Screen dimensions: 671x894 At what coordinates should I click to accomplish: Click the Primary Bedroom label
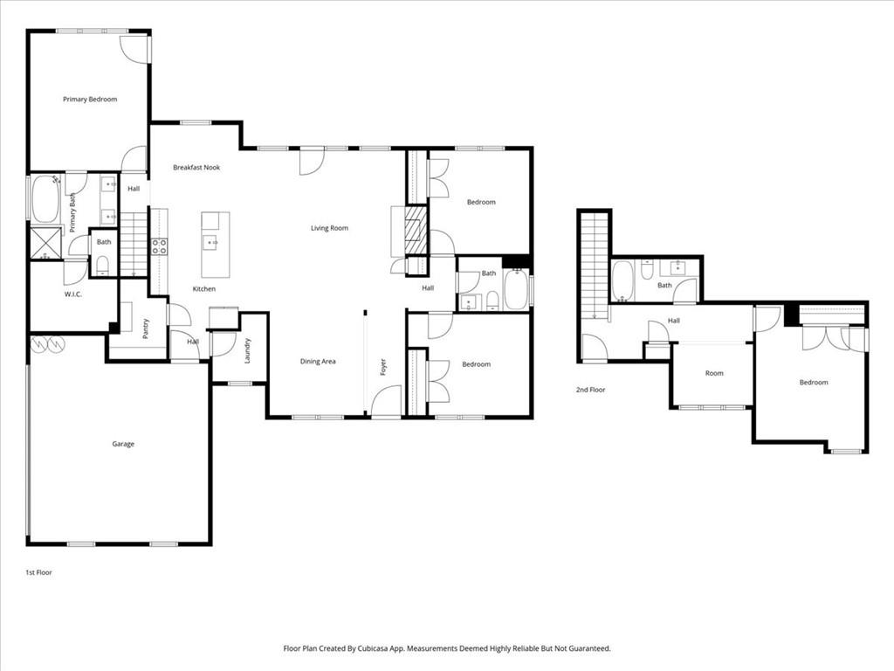point(89,100)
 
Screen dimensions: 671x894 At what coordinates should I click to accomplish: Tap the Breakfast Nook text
point(196,167)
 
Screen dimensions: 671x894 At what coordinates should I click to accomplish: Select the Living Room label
point(329,228)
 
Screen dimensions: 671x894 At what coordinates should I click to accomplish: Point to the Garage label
point(123,444)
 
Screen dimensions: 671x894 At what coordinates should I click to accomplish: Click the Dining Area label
point(318,361)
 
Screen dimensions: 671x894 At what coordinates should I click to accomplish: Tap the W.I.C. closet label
point(72,294)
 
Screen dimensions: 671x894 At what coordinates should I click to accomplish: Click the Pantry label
point(146,329)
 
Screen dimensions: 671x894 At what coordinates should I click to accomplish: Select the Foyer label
point(382,367)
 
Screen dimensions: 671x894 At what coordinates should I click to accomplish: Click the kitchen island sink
point(210,243)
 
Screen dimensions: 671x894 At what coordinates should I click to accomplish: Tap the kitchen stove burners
point(159,246)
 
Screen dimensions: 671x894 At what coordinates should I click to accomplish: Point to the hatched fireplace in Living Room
point(417,230)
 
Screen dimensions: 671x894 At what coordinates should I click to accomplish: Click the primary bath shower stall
point(45,243)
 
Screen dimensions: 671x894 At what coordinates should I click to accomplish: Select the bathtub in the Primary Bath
point(45,199)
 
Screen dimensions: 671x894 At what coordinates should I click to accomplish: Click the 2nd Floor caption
point(590,390)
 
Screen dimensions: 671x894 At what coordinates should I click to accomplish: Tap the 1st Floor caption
point(38,572)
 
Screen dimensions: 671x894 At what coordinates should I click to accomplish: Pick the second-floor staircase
point(594,266)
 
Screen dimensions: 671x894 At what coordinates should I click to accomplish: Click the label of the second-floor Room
point(714,373)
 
